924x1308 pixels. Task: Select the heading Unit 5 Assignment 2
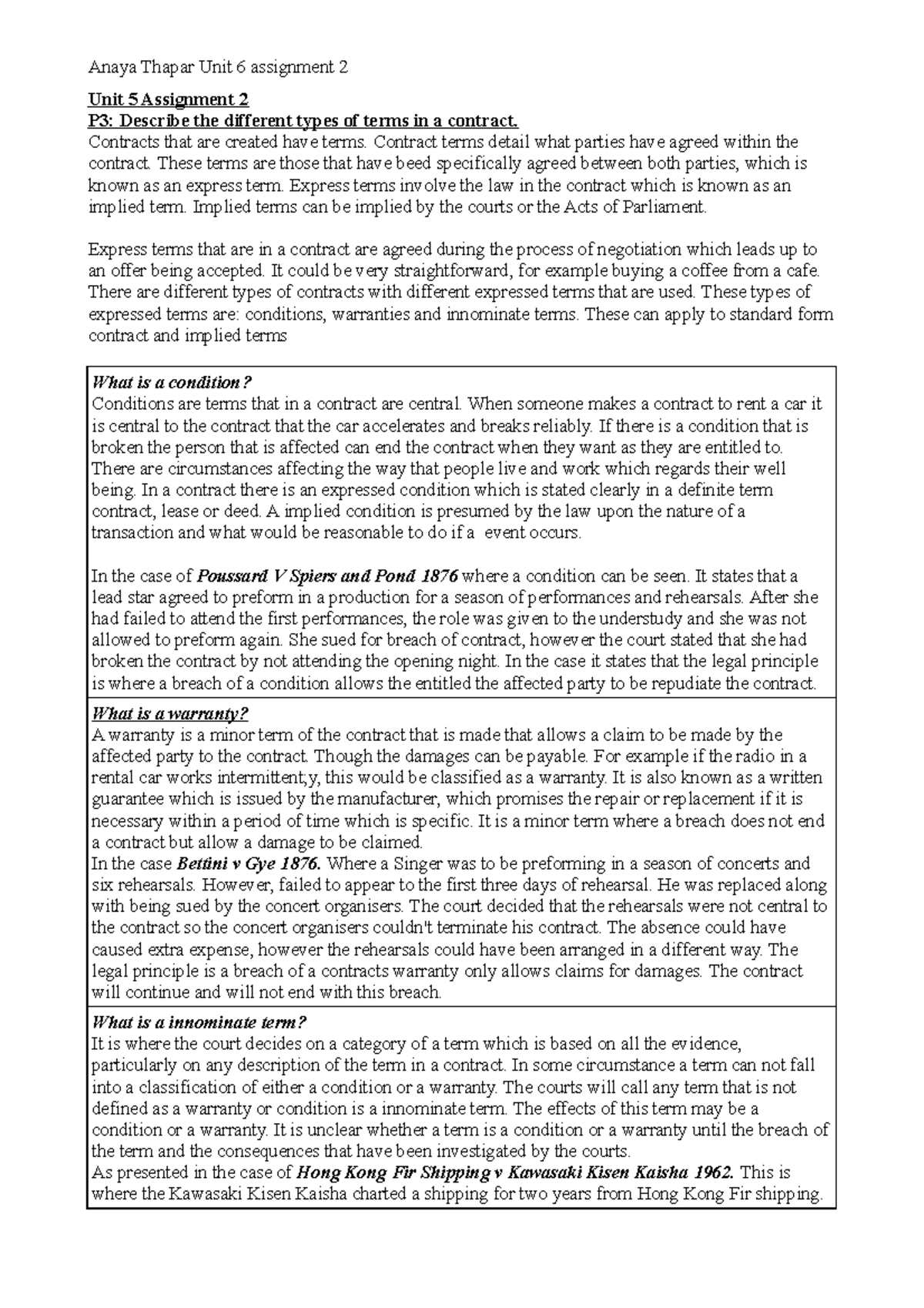click(x=169, y=100)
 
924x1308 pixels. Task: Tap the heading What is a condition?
click(x=172, y=383)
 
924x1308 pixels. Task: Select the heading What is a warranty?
click(x=169, y=713)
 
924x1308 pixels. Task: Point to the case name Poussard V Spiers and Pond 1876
click(x=328, y=576)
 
